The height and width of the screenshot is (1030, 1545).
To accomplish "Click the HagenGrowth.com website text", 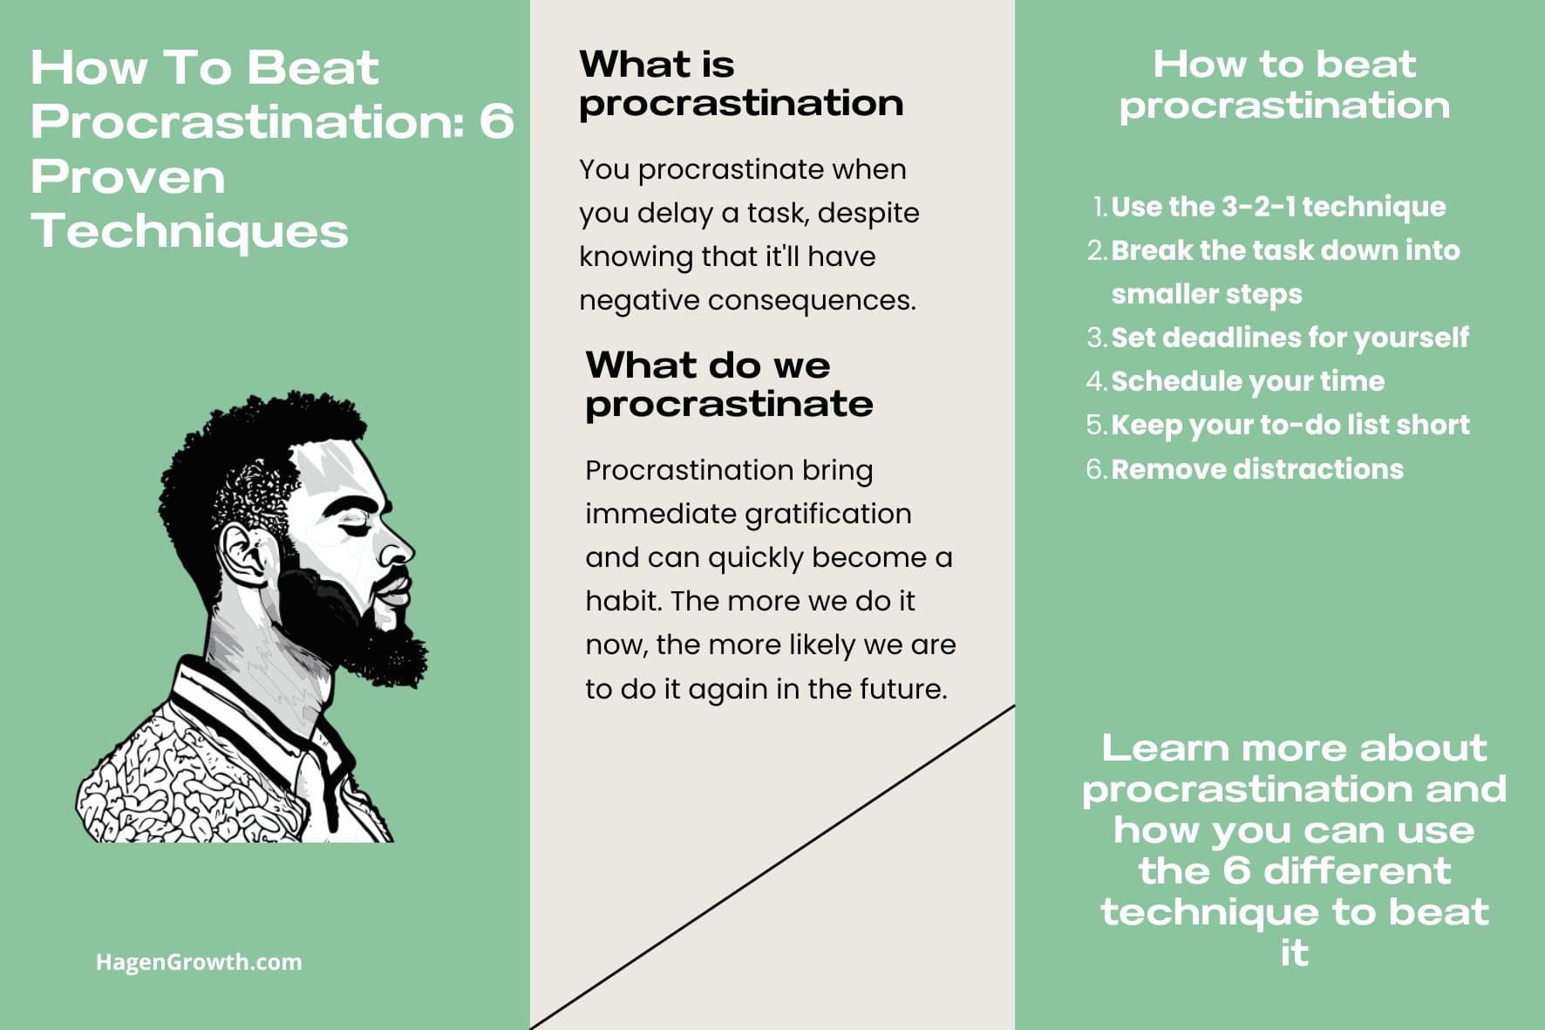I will tap(199, 962).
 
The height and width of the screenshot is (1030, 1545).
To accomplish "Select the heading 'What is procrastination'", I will tap(741, 84).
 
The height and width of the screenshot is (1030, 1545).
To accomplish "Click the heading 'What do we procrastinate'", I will tap(729, 385).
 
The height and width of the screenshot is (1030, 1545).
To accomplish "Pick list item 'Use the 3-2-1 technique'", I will tap(1278, 207).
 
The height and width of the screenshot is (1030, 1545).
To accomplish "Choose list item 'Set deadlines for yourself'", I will tap(1290, 338).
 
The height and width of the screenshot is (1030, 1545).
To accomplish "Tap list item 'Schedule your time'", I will tap(1248, 381).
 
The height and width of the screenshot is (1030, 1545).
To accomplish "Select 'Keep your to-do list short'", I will tap(1290, 425).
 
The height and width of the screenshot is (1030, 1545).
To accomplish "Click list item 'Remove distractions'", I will tap(1257, 469).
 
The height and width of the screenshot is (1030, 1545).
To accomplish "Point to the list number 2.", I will tap(1096, 250).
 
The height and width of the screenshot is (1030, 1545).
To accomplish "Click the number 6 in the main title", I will tap(496, 121).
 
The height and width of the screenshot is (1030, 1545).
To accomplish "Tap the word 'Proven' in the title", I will tap(128, 177).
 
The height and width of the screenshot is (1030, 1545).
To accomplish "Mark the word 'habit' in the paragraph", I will tap(623, 601).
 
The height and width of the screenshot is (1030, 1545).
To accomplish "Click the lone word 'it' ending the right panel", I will tap(1294, 953).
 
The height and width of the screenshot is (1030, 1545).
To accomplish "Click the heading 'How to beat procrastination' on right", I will tap(1284, 84).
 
